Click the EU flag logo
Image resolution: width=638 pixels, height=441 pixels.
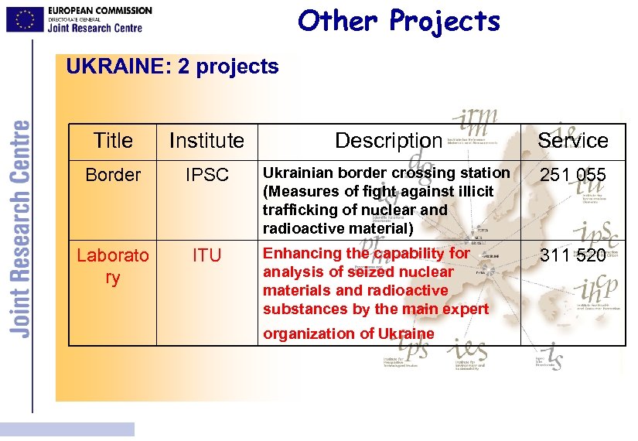[x=25, y=19]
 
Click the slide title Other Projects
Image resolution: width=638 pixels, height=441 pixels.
[x=399, y=21]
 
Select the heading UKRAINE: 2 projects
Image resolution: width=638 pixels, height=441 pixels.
[x=172, y=67]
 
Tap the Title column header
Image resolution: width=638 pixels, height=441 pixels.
[x=113, y=140]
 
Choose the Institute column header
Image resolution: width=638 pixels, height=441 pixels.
[x=206, y=140]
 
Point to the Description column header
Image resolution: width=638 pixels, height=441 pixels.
[x=388, y=140]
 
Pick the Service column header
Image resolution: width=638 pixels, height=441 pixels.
[x=572, y=140]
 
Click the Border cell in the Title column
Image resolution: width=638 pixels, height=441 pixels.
[x=113, y=175]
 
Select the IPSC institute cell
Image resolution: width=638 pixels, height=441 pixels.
[x=206, y=176]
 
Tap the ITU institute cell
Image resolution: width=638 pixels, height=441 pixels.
[x=206, y=255]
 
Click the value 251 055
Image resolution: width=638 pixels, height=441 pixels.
[x=572, y=176]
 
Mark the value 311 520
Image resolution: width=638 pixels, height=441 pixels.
[x=572, y=255]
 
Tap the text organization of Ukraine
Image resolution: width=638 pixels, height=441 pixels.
[x=348, y=333]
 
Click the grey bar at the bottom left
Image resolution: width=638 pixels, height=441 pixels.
[x=67, y=429]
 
